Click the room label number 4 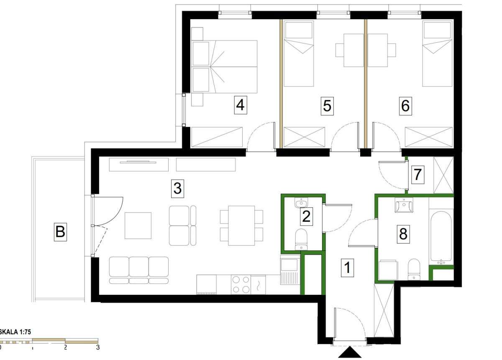(241, 105)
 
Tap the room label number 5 (327, 106)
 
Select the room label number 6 (405, 106)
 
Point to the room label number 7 (418, 175)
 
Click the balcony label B (60, 232)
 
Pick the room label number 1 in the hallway (348, 268)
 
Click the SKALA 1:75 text (15, 332)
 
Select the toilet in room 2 (301, 239)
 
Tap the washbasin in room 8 (404, 205)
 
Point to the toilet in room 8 (414, 270)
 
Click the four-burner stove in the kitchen (241, 285)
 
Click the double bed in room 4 (225, 67)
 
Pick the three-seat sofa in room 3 (139, 270)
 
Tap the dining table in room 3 (241, 226)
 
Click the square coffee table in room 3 (138, 226)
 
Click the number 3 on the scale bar (98, 347)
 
